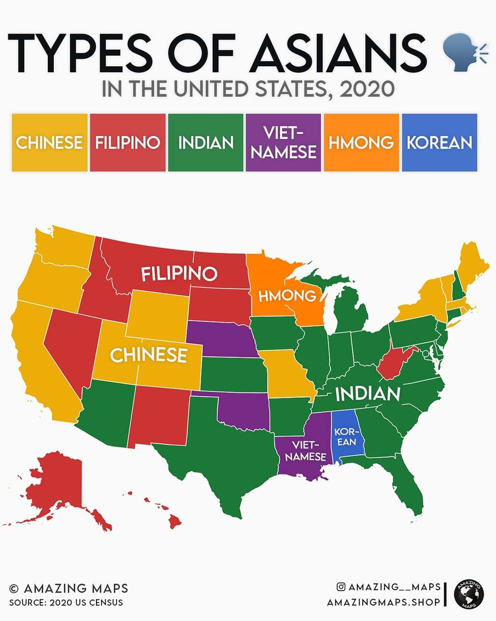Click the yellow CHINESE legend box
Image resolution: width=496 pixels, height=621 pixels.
coord(50,143)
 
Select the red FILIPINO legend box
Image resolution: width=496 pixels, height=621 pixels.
coord(128,143)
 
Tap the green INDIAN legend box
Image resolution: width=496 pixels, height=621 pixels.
coord(206,143)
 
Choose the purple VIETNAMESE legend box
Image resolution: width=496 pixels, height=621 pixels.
coord(283,143)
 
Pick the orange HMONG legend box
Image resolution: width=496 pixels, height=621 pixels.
coord(361,143)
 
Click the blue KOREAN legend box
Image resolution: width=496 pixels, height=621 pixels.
coord(440,143)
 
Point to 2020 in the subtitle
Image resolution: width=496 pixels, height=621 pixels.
coord(367,89)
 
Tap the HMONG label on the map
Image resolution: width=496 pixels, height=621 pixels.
coord(287,296)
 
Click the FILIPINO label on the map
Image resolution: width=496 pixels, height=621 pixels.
coord(179,274)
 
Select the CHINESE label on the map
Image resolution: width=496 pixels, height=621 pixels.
coord(148,355)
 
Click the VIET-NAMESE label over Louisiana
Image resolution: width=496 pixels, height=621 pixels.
coord(305,451)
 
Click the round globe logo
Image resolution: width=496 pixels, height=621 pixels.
coord(469,594)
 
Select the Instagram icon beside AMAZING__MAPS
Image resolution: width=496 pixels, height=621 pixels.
coord(341,586)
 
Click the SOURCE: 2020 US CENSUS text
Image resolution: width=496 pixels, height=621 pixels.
coord(66,603)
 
